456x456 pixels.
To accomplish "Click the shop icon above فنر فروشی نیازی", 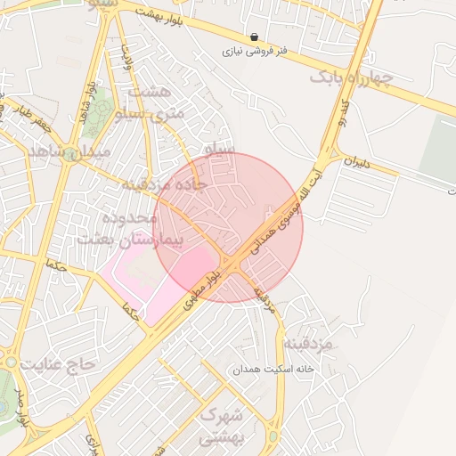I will (256, 37).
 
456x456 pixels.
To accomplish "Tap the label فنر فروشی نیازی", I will (256, 53).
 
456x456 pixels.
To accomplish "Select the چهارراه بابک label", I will (351, 79).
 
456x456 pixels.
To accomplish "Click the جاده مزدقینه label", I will (164, 185).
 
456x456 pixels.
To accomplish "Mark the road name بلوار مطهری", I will (202, 291).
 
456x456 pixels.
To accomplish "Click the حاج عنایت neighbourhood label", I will (58, 364).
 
